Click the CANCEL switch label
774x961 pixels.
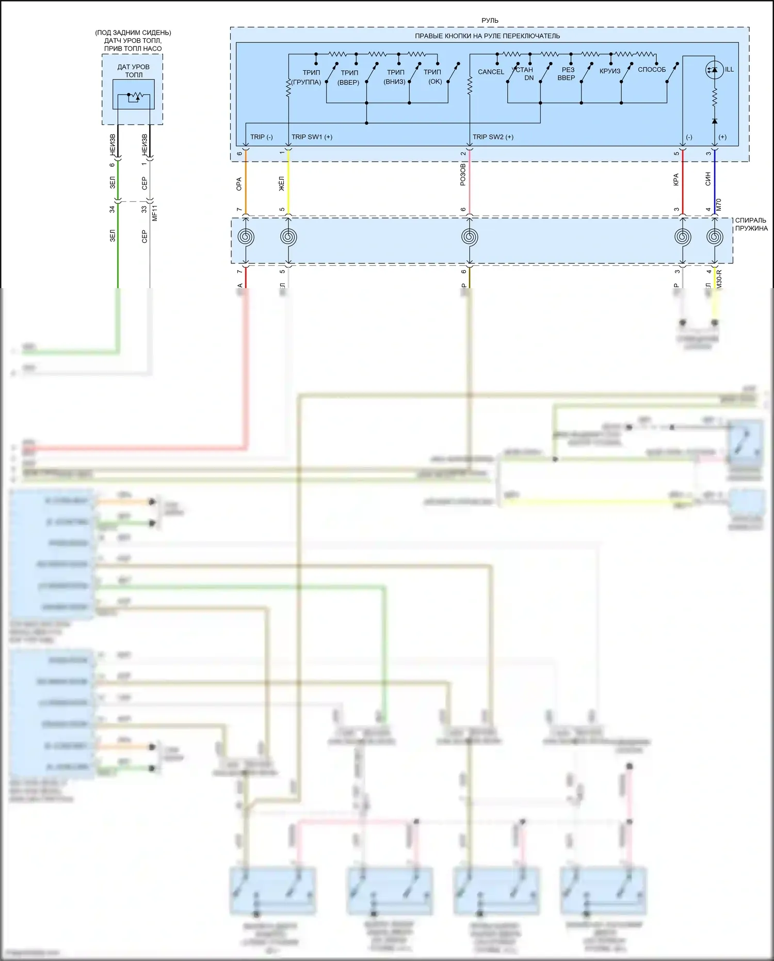pyautogui.click(x=491, y=72)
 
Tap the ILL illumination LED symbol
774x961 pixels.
pyautogui.click(x=714, y=70)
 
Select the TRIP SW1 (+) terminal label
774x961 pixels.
pyautogui.click(x=312, y=137)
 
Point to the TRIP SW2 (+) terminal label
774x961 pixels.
pyautogui.click(x=493, y=137)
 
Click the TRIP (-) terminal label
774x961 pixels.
pyautogui.click(x=262, y=137)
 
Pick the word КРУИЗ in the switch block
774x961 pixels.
pyautogui.click(x=610, y=71)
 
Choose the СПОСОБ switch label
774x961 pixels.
pyautogui.click(x=652, y=70)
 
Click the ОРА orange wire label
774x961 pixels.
pyautogui.click(x=239, y=184)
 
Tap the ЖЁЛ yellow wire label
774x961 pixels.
pyautogui.click(x=282, y=183)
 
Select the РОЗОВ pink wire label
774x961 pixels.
pyautogui.click(x=463, y=175)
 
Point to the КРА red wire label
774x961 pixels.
pyautogui.click(x=676, y=180)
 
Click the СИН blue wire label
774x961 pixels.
pyautogui.click(x=708, y=179)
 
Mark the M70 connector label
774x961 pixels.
pyautogui.click(x=719, y=204)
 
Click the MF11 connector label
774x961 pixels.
pyautogui.click(x=155, y=213)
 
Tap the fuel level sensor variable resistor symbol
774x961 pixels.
pyautogui.click(x=134, y=96)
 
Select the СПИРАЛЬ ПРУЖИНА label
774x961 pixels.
pyautogui.click(x=751, y=224)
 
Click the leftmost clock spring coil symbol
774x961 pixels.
pyautogui.click(x=246, y=237)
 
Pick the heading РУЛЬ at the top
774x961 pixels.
pyautogui.click(x=490, y=21)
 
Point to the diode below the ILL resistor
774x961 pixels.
pyautogui.click(x=714, y=121)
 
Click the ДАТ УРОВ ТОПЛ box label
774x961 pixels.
pyautogui.click(x=133, y=71)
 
